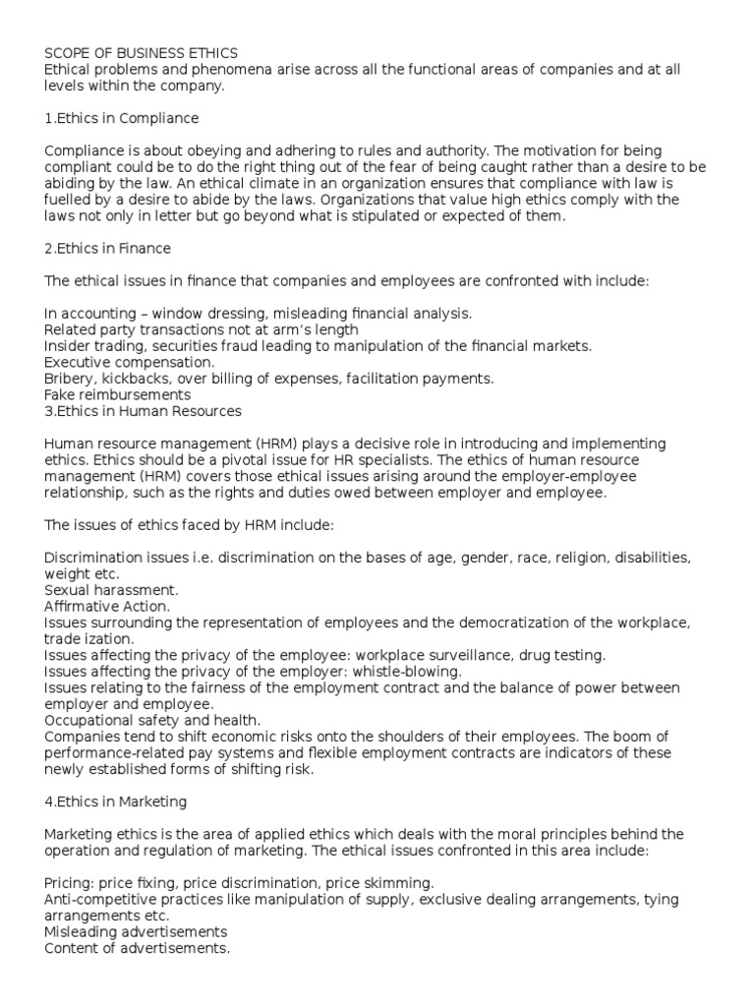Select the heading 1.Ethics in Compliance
[x=122, y=118]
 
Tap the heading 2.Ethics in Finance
[x=108, y=249]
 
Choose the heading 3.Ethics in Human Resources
[x=144, y=411]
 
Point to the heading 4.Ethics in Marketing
[x=116, y=801]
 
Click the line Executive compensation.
[x=123, y=362]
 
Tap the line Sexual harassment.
[x=112, y=590]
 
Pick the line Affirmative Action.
[x=107, y=606]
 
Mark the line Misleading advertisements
[x=136, y=931]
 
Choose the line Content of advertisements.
[x=138, y=948]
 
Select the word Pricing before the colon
[x=69, y=883]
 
